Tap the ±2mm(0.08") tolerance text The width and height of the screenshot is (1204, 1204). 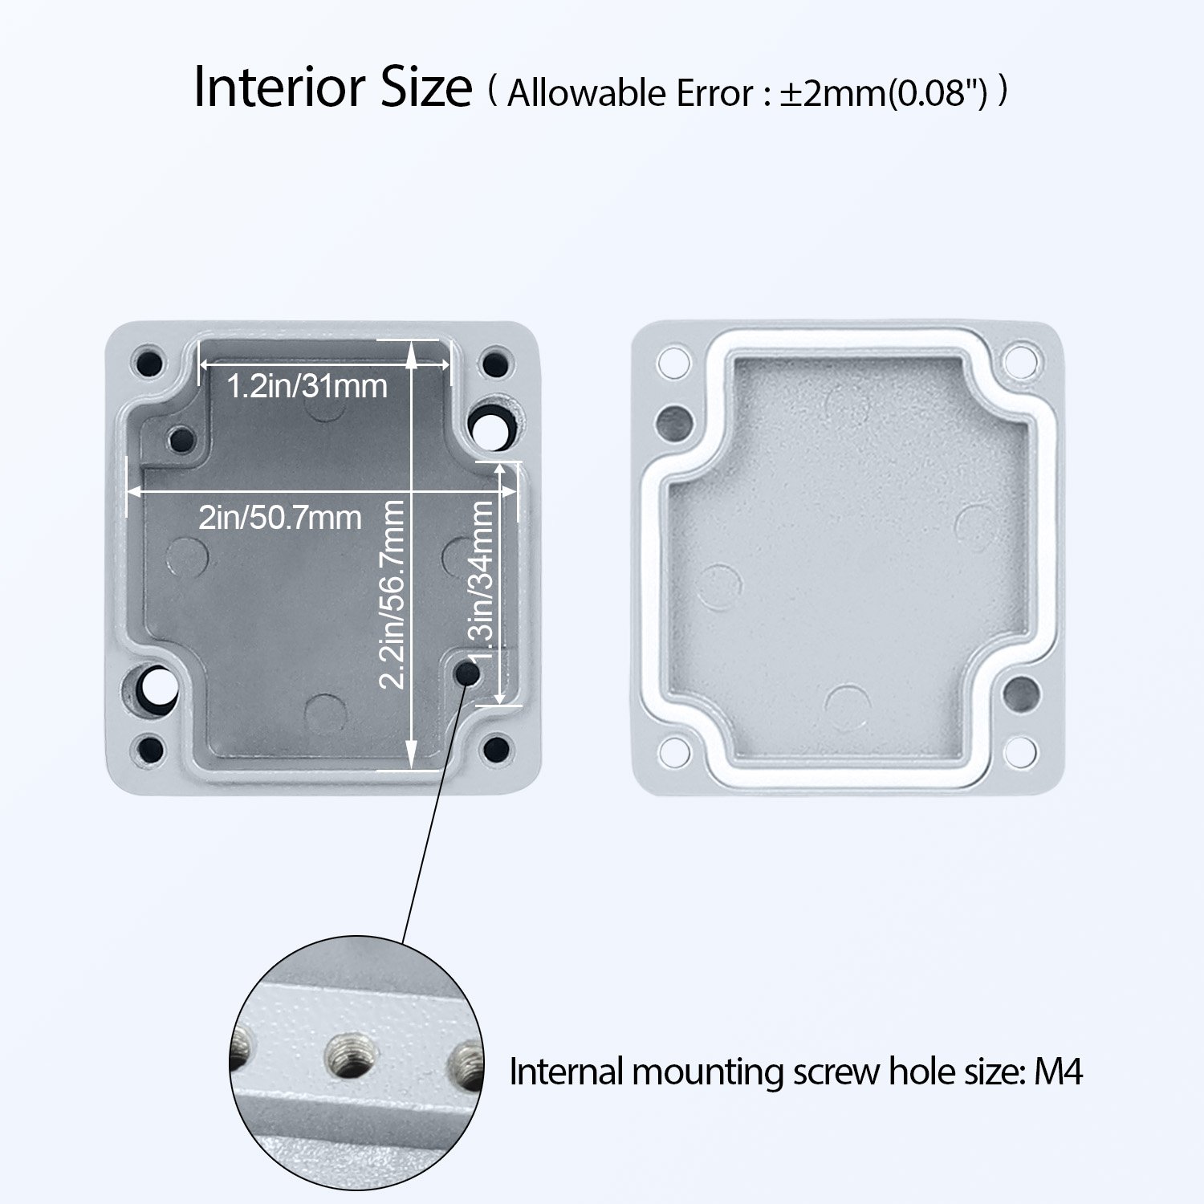tap(883, 94)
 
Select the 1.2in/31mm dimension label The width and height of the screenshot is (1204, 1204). tap(307, 386)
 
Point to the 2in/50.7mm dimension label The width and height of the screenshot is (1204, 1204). tap(279, 518)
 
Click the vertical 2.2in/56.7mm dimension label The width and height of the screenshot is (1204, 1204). tap(392, 594)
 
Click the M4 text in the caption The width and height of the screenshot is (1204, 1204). tap(1058, 1072)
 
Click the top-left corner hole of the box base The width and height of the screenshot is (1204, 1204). tap(149, 362)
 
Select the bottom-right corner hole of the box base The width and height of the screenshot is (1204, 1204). tap(497, 750)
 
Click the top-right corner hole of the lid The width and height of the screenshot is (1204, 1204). tap(1021, 360)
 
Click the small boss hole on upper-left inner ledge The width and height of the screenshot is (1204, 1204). tap(182, 439)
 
